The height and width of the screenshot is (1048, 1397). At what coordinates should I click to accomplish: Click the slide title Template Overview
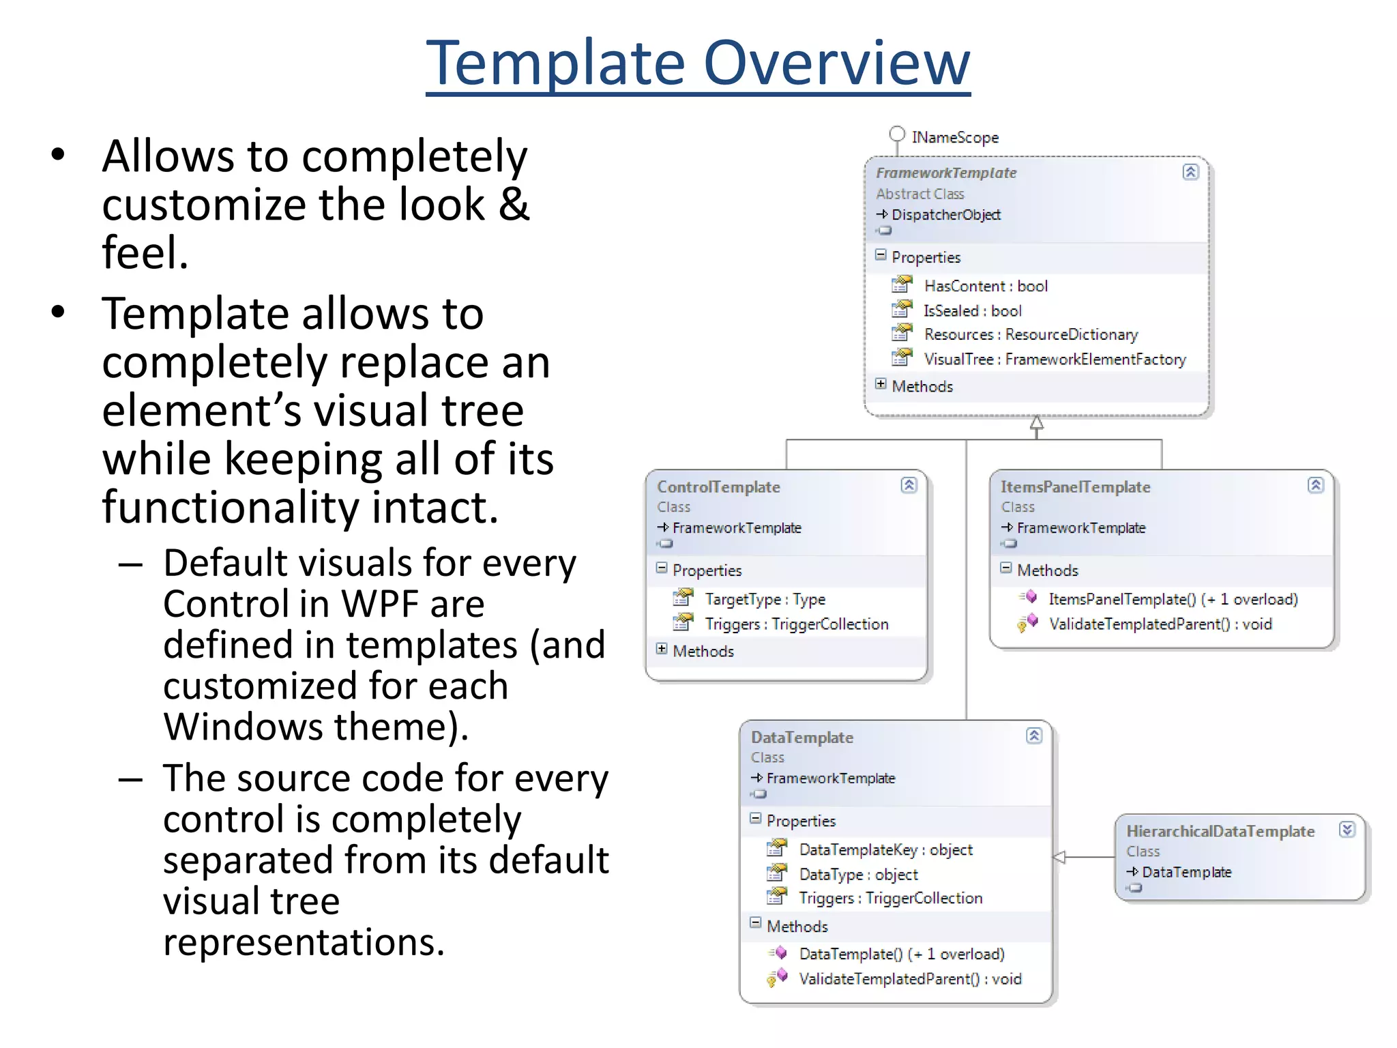[x=698, y=63]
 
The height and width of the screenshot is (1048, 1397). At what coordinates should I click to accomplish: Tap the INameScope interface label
[x=954, y=137]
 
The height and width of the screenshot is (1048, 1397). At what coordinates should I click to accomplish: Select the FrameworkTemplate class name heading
[x=945, y=173]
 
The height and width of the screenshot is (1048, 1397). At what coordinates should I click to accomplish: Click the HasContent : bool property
[x=985, y=286]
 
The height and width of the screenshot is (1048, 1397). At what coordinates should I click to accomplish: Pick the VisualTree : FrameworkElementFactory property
[x=1054, y=359]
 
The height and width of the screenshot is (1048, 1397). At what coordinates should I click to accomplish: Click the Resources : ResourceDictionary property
[x=1030, y=334]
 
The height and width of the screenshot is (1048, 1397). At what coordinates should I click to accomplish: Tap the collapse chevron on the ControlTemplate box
[x=909, y=485]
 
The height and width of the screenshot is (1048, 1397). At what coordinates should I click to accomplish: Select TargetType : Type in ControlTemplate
[x=765, y=599]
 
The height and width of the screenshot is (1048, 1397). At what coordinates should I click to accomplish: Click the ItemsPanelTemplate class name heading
[x=1075, y=486]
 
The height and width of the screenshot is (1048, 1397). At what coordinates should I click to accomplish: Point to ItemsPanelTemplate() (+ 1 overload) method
[x=1173, y=599]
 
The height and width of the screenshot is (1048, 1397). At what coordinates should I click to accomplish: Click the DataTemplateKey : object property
[x=885, y=849]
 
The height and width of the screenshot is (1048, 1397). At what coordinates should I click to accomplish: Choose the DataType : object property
[x=858, y=874]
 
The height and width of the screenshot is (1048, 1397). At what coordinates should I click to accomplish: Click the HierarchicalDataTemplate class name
[x=1220, y=831]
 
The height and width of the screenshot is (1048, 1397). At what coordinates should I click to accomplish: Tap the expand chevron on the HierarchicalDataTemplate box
[x=1347, y=830]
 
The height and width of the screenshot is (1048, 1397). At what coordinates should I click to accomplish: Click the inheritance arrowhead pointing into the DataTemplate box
[x=1059, y=857]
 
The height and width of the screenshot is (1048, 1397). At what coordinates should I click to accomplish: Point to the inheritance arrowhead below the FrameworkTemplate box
[x=1036, y=423]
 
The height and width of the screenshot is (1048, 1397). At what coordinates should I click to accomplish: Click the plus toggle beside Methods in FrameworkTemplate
[x=881, y=384]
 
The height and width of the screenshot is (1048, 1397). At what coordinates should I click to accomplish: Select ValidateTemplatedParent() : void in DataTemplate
[x=909, y=979]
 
